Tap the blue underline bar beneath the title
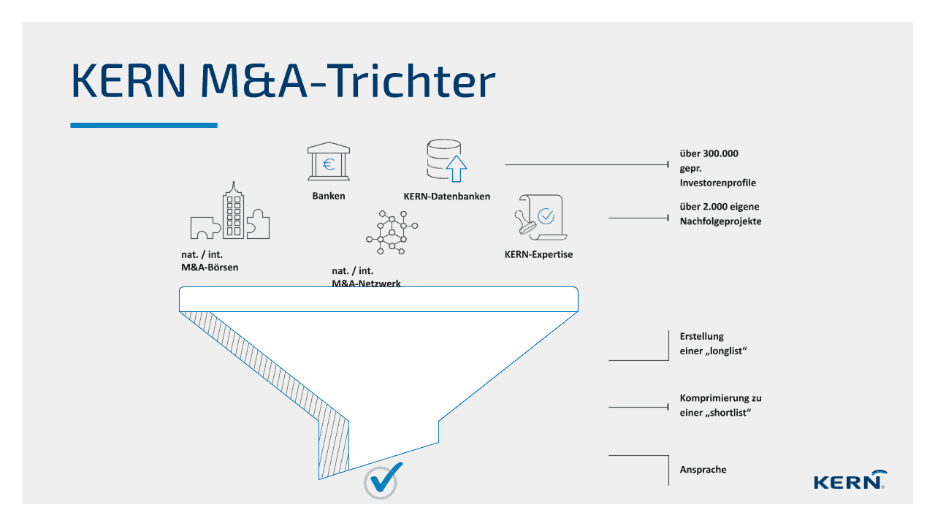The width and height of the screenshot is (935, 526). point(144,125)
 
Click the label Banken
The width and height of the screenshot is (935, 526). point(329,196)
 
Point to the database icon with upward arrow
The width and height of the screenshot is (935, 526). point(446,161)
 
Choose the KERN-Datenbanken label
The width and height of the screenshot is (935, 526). point(446,196)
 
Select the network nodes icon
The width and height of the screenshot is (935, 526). point(391,232)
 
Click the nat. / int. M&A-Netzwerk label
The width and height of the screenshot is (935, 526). point(366,276)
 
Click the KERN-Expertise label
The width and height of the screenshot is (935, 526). point(538,254)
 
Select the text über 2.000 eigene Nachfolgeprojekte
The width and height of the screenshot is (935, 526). point(720,213)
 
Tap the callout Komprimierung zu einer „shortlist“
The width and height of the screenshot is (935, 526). point(720,405)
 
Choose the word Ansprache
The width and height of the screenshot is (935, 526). point(703,469)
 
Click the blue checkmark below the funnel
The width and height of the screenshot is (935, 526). point(383,481)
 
